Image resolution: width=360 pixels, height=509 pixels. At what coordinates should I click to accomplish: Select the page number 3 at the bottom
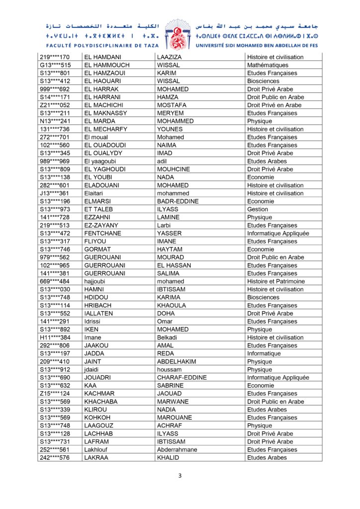click(x=180, y=476)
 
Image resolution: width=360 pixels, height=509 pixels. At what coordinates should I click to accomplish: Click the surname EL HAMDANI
click(x=102, y=57)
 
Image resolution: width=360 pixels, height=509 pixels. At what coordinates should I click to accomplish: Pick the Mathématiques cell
click(x=268, y=65)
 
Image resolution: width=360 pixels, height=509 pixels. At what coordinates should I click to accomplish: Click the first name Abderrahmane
click(x=177, y=449)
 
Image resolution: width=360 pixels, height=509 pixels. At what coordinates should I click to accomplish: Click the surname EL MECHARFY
click(x=105, y=129)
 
